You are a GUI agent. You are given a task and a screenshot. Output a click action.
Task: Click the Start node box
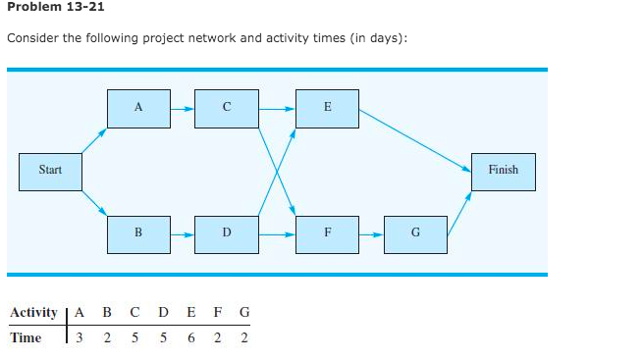(x=50, y=171)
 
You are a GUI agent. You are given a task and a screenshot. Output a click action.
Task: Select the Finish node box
(x=503, y=171)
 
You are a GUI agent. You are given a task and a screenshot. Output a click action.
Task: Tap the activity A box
(x=138, y=108)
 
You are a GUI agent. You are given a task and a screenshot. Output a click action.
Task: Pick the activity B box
(x=138, y=233)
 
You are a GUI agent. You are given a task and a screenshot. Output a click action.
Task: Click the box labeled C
(x=227, y=108)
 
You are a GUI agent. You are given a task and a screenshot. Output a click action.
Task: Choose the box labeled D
(x=227, y=233)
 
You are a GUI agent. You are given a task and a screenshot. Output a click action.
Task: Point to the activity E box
(x=327, y=108)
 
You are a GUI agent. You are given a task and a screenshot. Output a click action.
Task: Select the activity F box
(x=327, y=233)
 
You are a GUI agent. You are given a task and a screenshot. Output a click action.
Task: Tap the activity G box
(x=415, y=233)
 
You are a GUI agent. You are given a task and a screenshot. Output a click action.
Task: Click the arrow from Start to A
(x=94, y=139)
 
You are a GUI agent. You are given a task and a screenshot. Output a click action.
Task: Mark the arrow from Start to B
(x=94, y=202)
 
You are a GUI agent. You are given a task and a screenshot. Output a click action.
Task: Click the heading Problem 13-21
(x=55, y=8)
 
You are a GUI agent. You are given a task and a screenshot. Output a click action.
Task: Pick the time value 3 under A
(x=80, y=338)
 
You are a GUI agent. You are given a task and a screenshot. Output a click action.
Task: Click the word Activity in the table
(x=33, y=313)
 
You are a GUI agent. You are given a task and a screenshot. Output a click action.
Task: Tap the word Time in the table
(x=26, y=338)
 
